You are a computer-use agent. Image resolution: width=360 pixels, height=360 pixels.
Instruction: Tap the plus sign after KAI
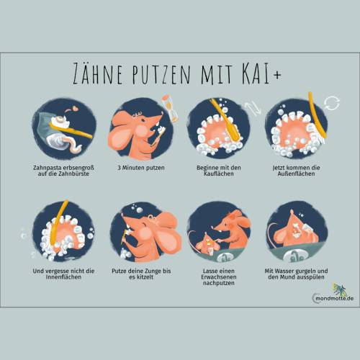(x=277, y=75)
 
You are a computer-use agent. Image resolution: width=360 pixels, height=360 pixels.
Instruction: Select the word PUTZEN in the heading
(x=161, y=74)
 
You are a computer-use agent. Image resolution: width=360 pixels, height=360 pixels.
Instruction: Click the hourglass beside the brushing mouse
(x=170, y=107)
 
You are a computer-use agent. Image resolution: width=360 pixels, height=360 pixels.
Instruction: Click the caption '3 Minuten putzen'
(x=141, y=168)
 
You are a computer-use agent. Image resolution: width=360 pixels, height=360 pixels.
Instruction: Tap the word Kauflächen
(x=219, y=174)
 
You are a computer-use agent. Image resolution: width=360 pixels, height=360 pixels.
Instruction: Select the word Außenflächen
(x=296, y=174)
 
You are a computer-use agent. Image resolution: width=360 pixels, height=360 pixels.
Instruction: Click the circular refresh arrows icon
(x=332, y=103)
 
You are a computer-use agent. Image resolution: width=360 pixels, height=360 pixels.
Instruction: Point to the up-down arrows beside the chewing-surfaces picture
(x=253, y=108)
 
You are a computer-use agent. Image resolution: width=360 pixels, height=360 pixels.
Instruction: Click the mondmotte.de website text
(x=335, y=299)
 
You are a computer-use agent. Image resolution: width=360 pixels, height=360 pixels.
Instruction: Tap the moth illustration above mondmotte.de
(x=339, y=289)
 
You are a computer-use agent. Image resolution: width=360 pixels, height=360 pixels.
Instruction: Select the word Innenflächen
(x=63, y=277)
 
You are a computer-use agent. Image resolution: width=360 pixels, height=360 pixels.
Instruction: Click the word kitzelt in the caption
(x=145, y=277)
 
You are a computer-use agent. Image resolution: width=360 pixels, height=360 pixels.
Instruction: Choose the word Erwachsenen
(x=219, y=277)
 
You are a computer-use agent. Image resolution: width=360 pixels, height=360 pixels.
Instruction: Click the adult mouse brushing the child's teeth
(x=232, y=230)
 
